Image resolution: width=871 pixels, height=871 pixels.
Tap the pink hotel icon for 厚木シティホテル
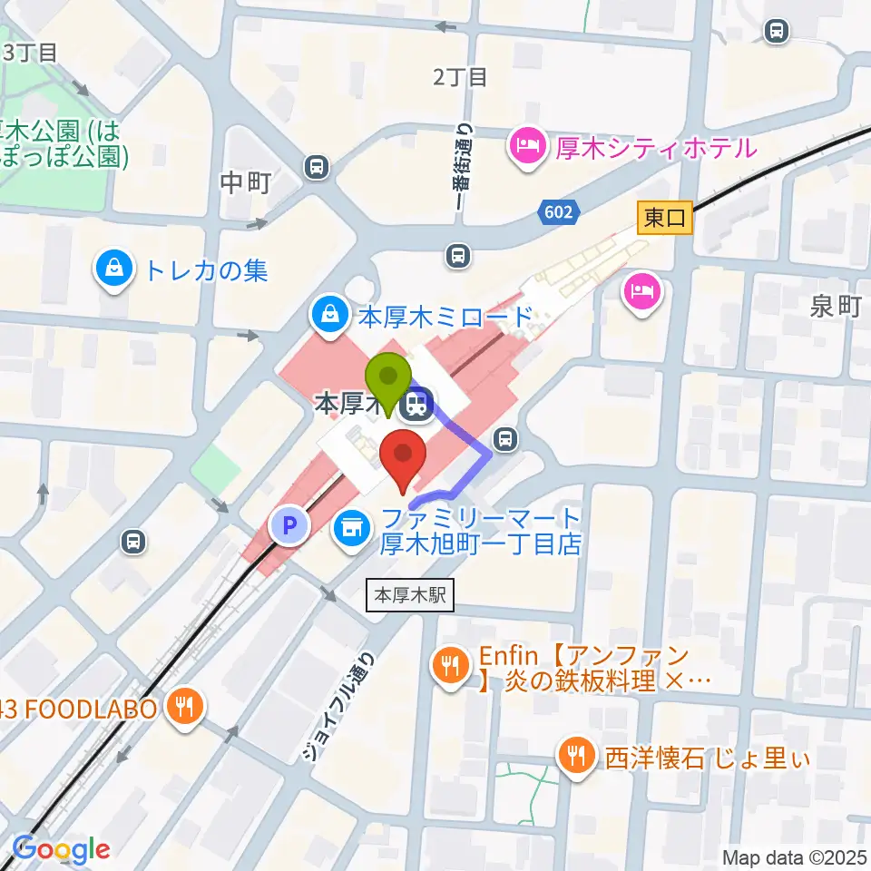tap(527, 146)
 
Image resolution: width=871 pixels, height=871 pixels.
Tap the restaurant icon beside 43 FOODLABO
tap(186, 708)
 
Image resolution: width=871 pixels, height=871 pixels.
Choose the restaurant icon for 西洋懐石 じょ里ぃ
tap(576, 754)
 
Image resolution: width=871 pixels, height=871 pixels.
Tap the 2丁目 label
tap(460, 77)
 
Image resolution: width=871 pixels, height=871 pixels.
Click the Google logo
tap(62, 849)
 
